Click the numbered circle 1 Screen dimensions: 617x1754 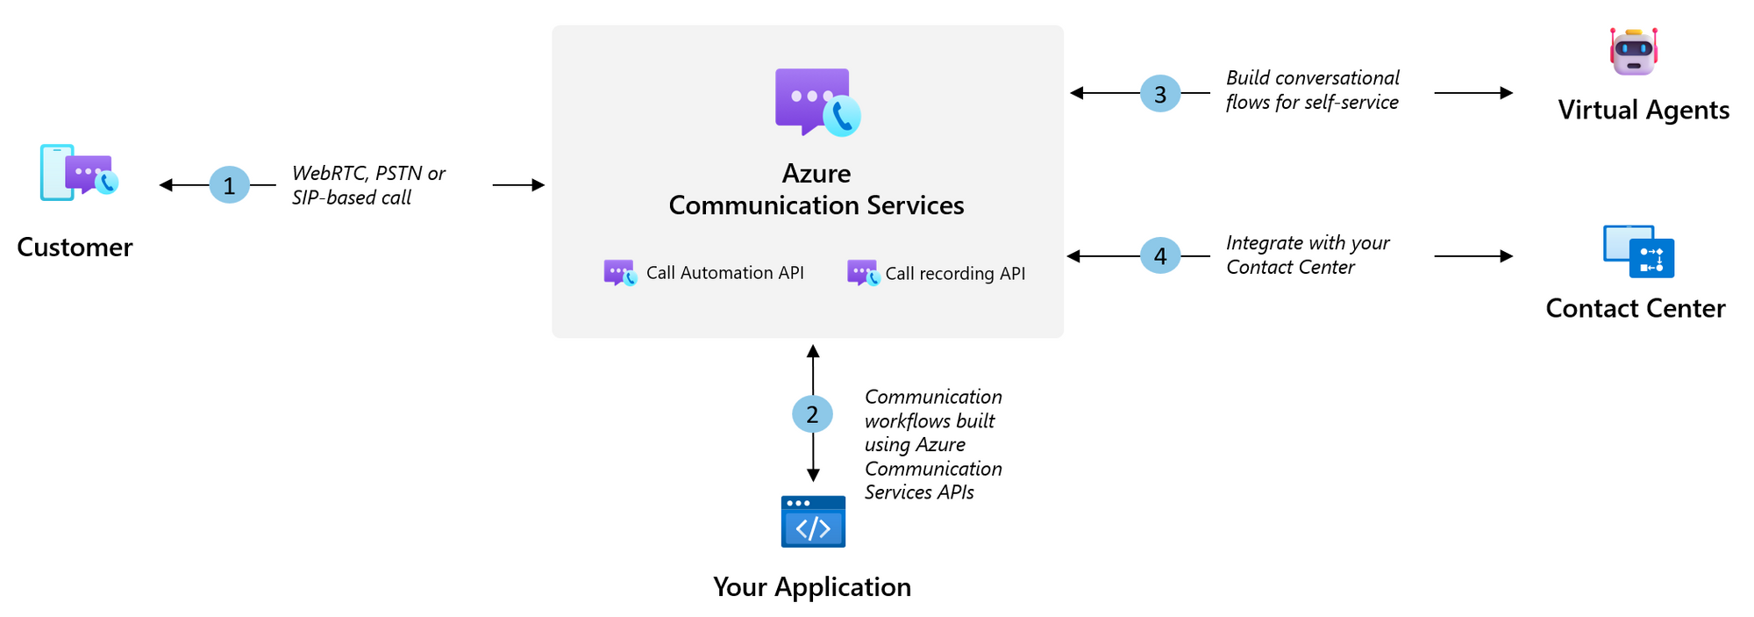[x=229, y=185]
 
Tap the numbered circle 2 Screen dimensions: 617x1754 [x=812, y=414]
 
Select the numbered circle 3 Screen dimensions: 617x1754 [x=1159, y=94]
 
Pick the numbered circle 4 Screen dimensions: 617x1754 [x=1159, y=256]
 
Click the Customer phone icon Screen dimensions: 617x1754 [x=78, y=173]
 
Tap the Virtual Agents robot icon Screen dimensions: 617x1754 [x=1633, y=52]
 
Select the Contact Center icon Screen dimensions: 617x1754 [x=1638, y=252]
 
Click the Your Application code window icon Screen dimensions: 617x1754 [x=813, y=522]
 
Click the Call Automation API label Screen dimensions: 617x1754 [x=724, y=273]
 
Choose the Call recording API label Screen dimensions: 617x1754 [x=954, y=274]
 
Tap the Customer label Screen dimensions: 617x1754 [x=75, y=248]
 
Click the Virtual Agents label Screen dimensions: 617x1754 [x=1643, y=111]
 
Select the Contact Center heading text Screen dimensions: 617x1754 [x=1635, y=309]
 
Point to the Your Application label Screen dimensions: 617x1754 [x=812, y=587]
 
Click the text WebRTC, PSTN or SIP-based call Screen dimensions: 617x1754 [x=368, y=185]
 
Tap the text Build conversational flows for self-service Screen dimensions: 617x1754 [x=1312, y=90]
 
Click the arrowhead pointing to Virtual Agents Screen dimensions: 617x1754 [x=1506, y=93]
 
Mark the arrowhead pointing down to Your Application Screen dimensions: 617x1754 [x=813, y=475]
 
